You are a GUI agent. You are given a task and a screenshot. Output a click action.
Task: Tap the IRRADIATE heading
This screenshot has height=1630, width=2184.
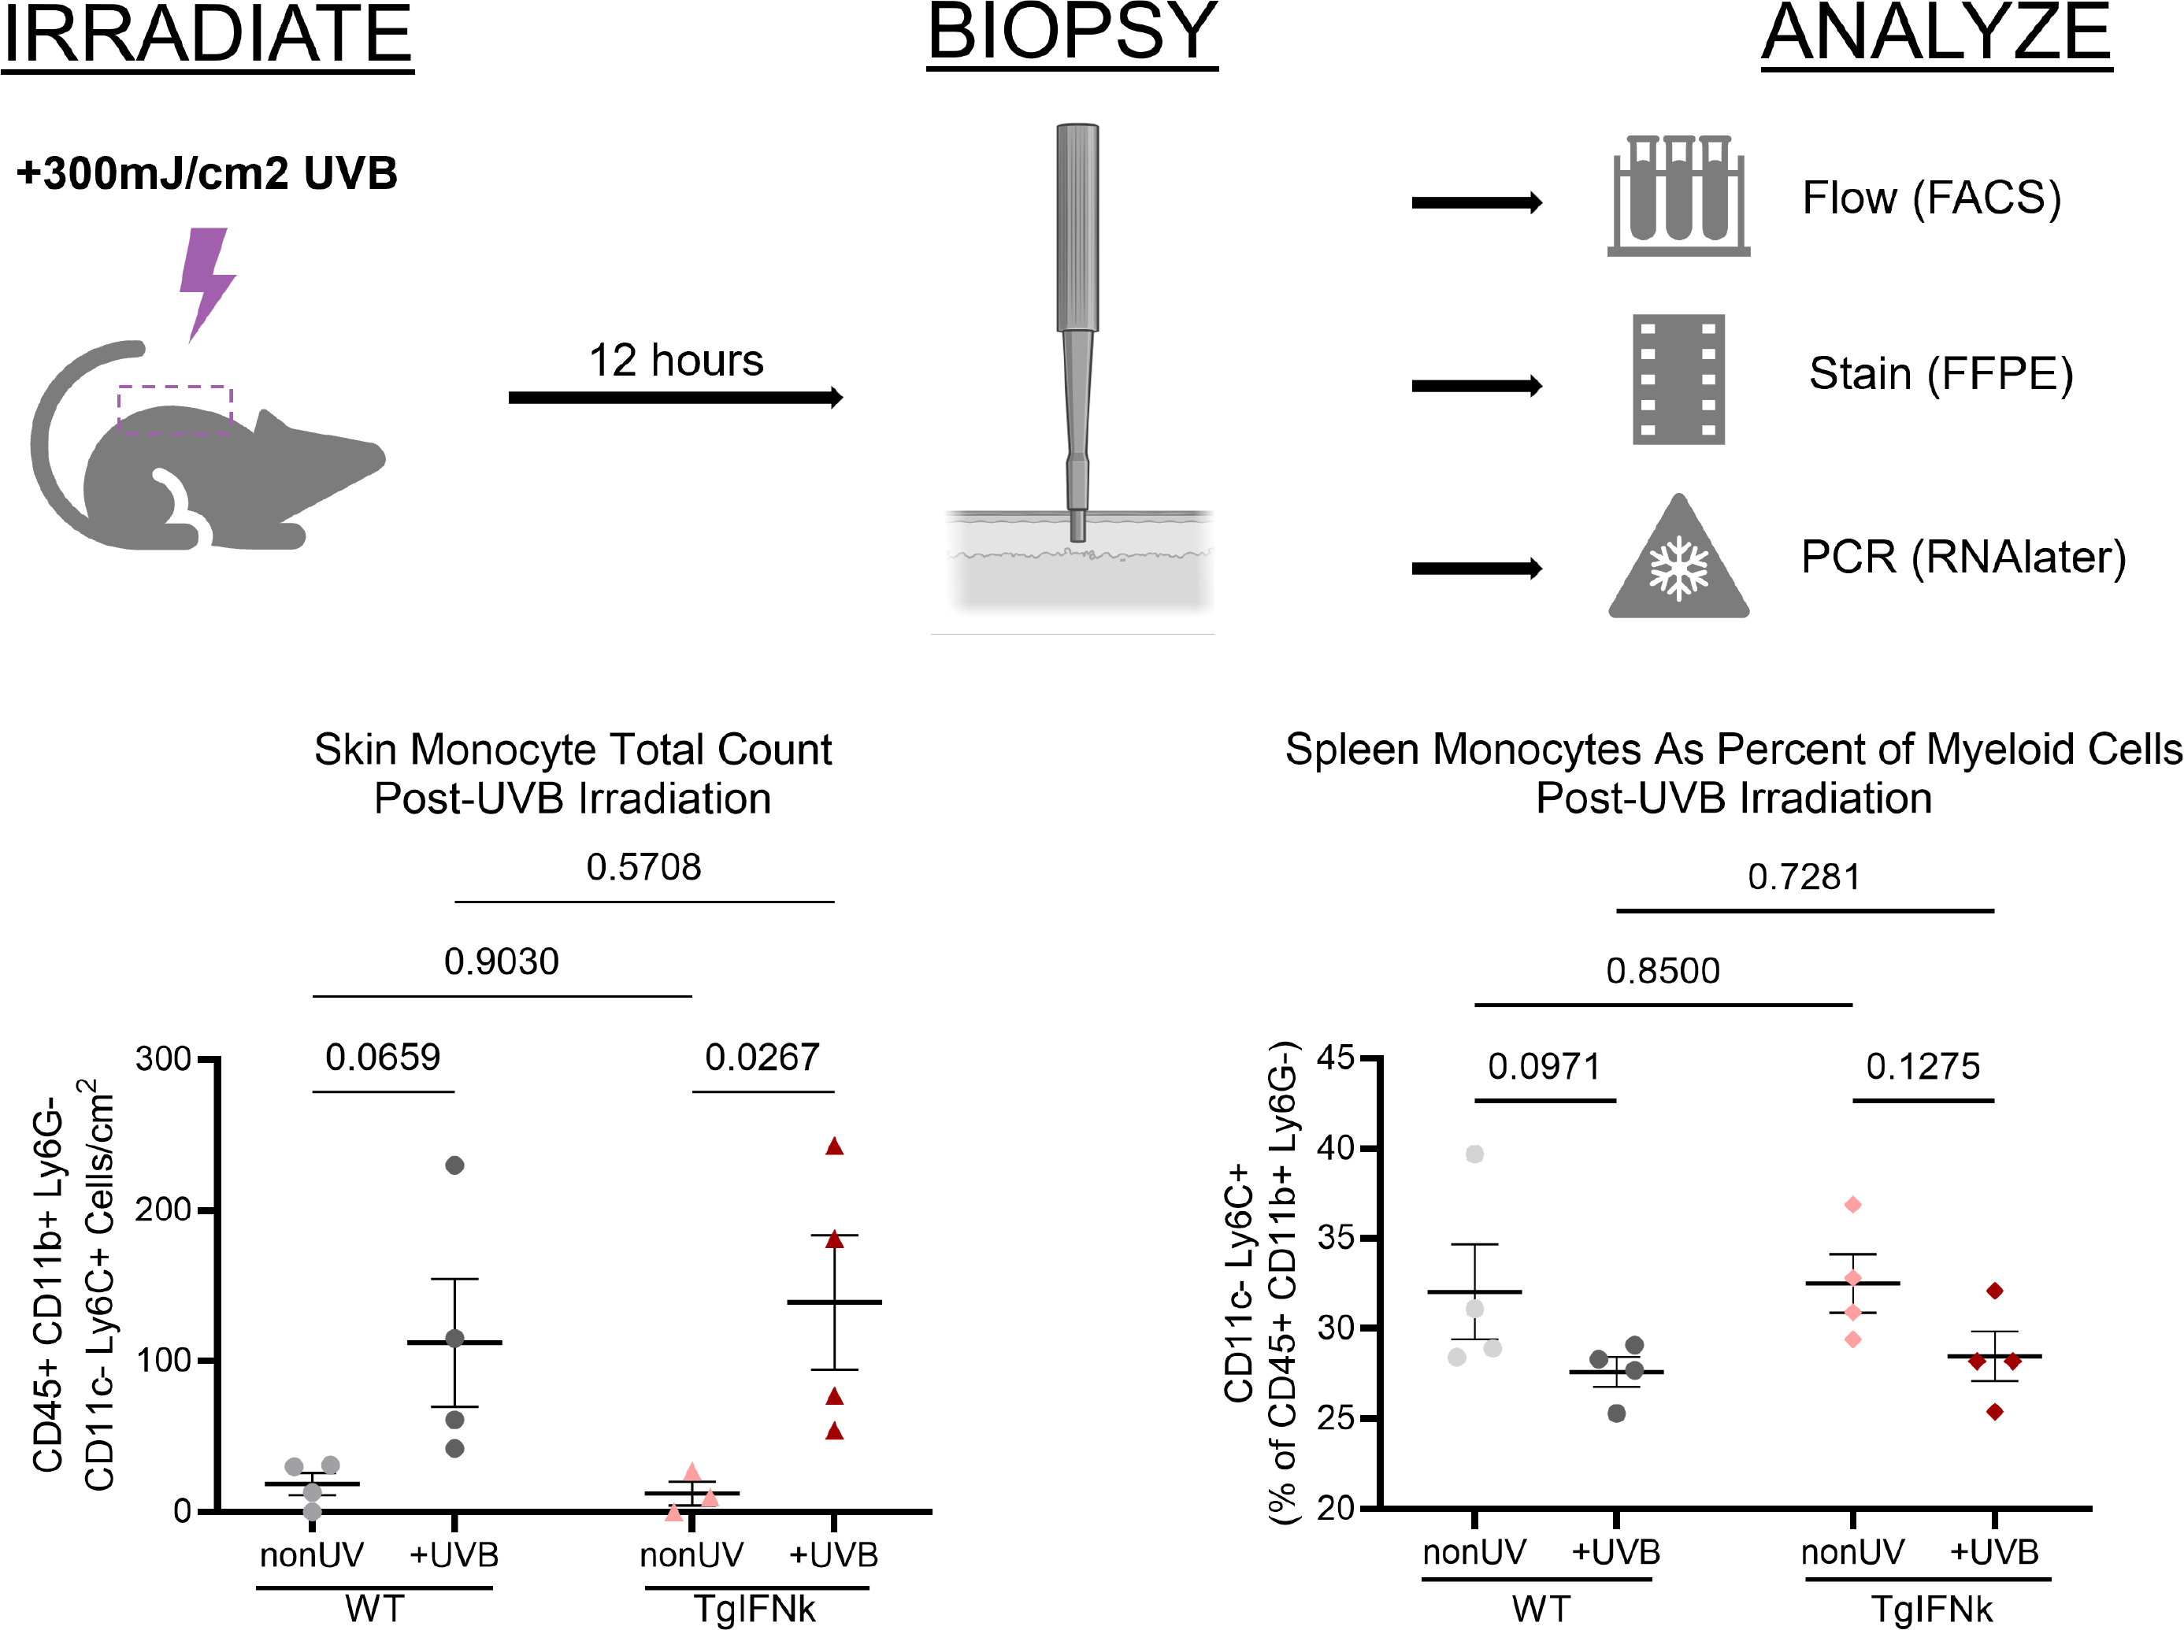[x=207, y=35]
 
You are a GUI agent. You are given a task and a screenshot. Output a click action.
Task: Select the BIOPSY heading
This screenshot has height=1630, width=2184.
[x=1072, y=34]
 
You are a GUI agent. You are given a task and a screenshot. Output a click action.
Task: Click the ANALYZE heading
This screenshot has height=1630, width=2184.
[x=1936, y=35]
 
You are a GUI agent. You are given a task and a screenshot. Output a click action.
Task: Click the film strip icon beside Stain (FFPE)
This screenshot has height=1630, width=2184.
[x=1678, y=380]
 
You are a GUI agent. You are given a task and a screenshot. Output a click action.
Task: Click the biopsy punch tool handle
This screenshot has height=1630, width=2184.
[x=1077, y=227]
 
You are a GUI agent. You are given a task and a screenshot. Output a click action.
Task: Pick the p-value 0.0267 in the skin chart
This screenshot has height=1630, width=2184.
[x=762, y=1058]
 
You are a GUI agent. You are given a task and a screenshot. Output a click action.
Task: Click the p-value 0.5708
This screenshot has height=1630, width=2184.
[x=643, y=867]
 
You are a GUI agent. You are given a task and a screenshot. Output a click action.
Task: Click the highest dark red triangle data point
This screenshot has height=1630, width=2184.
[x=834, y=1147]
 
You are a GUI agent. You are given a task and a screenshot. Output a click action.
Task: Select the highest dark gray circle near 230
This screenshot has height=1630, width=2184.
[x=455, y=1165]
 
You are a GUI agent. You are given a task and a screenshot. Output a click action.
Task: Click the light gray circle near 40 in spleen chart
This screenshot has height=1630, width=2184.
[x=1474, y=1154]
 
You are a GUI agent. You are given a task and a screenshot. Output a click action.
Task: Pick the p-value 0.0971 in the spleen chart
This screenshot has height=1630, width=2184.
[x=1544, y=1067]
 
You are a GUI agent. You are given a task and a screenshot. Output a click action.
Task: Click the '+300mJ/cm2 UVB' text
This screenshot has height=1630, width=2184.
[x=207, y=174]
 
